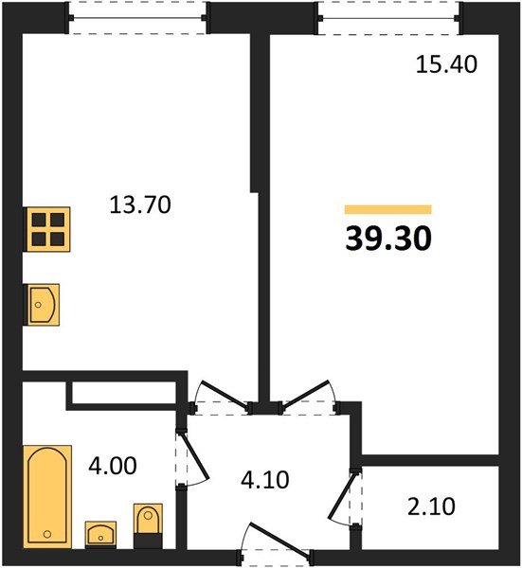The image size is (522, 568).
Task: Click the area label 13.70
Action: pos(140,204)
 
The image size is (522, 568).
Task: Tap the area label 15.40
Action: pos(446,64)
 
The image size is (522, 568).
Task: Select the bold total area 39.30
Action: pos(388,239)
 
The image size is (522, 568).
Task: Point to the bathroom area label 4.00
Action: pos(113,466)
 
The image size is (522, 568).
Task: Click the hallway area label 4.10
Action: pos(265,480)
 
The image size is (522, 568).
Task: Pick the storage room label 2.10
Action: pos(431,506)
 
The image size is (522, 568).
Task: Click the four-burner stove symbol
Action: pos(46,229)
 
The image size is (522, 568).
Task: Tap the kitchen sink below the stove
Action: pos(41,305)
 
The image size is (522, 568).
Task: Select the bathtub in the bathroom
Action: pos(47,496)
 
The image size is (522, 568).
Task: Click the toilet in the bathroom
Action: pos(148,525)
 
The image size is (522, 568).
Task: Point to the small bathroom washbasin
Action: pos(100,535)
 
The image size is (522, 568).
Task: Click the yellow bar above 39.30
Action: pos(387,209)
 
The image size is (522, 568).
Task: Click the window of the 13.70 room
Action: pos(137,18)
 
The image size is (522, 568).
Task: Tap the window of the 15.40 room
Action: pos(388,18)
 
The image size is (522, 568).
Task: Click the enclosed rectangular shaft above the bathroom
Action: pos(124,393)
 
